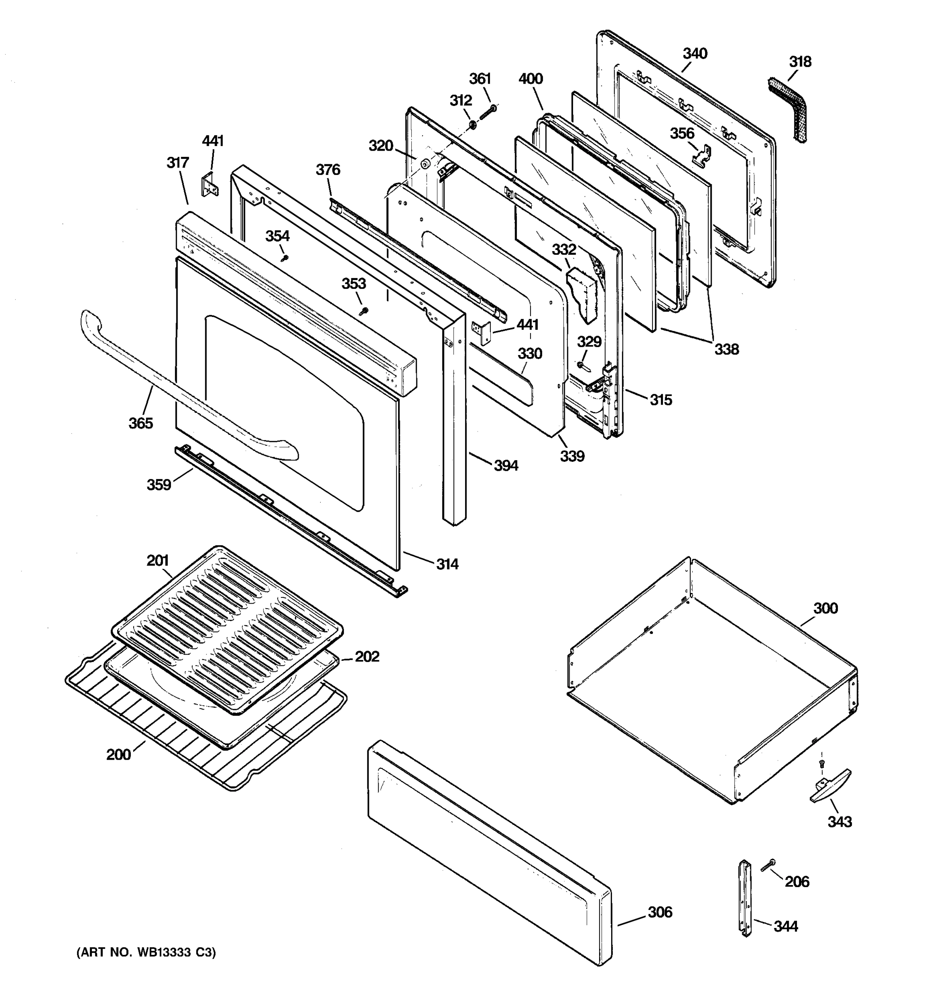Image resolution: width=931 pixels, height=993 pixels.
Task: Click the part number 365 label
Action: [140, 423]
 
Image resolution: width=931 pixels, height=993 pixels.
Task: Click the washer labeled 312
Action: [471, 122]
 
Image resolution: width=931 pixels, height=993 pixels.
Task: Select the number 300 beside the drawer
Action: [825, 608]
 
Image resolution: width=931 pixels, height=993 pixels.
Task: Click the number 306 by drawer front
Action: [660, 912]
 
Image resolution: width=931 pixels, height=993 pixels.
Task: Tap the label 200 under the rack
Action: [118, 754]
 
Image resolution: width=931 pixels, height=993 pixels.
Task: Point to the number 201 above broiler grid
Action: [157, 561]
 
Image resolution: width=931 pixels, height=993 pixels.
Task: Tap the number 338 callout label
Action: [726, 349]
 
